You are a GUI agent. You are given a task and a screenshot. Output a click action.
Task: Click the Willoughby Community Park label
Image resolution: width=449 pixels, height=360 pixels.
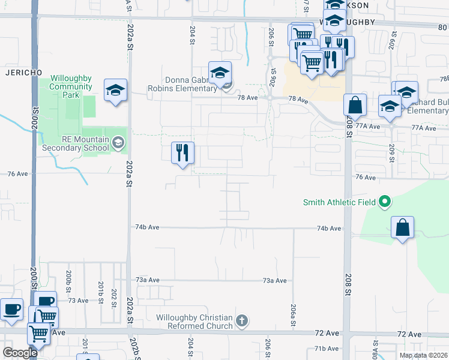tap(71, 86)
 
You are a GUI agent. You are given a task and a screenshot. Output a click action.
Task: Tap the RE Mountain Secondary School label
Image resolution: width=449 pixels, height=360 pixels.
tap(71, 144)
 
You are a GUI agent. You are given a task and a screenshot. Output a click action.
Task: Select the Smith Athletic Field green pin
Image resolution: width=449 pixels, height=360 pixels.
tap(385, 202)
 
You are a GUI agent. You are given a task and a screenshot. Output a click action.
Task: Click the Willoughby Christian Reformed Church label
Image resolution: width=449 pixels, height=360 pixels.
tap(194, 322)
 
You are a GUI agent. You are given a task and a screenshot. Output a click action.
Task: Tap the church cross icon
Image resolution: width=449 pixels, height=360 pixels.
tap(241, 321)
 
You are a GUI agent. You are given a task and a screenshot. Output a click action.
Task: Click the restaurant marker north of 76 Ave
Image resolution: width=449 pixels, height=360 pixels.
tap(182, 153)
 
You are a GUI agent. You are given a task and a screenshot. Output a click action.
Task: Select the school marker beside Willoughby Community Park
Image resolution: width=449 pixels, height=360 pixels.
tap(115, 91)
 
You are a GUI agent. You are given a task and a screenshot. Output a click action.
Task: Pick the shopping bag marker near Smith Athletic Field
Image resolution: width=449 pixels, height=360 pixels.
tap(402, 228)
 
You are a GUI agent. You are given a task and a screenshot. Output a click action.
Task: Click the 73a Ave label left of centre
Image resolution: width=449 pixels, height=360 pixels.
tap(148, 280)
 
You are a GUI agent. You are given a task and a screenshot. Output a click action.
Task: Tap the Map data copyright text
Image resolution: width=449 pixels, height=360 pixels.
tap(423, 355)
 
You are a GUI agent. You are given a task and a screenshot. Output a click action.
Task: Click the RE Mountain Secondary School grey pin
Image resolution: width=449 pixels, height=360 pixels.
tap(118, 142)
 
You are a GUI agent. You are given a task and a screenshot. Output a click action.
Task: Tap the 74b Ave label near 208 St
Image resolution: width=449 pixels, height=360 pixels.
tap(329, 229)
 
